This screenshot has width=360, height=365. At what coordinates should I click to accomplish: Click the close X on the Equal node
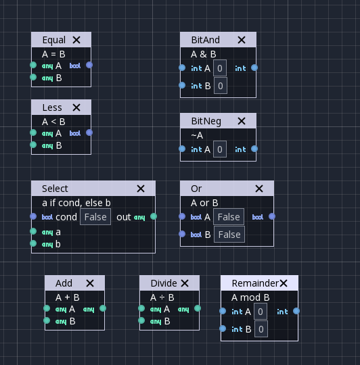(76, 40)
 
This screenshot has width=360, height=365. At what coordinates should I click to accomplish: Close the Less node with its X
(76, 107)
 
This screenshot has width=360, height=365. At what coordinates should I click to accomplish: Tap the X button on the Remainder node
(284, 283)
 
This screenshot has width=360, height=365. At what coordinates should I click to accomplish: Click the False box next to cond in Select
(95, 217)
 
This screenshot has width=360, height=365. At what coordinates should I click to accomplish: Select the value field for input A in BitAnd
(220, 68)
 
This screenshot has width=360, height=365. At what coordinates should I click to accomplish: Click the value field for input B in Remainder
(261, 329)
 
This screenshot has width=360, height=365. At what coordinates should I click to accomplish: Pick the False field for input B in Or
(229, 235)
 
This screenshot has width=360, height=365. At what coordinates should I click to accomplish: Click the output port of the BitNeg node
(254, 149)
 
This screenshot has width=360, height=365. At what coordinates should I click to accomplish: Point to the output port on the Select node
(154, 217)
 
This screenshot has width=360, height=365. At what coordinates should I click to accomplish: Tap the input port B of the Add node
(47, 321)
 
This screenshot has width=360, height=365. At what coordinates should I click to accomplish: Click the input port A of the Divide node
(141, 309)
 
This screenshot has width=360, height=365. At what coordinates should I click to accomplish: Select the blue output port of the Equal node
(89, 66)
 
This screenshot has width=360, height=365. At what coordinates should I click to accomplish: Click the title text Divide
(164, 283)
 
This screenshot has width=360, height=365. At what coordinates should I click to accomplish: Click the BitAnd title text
(205, 40)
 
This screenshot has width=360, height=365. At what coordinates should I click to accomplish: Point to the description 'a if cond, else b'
(76, 202)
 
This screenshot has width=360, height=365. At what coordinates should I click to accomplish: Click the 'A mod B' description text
(250, 297)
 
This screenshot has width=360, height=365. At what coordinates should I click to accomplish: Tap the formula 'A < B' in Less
(53, 122)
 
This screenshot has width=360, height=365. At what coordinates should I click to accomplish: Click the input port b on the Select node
(33, 244)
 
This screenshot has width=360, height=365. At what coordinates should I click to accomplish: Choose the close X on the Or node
(259, 189)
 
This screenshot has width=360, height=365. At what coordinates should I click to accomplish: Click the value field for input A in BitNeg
(220, 149)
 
